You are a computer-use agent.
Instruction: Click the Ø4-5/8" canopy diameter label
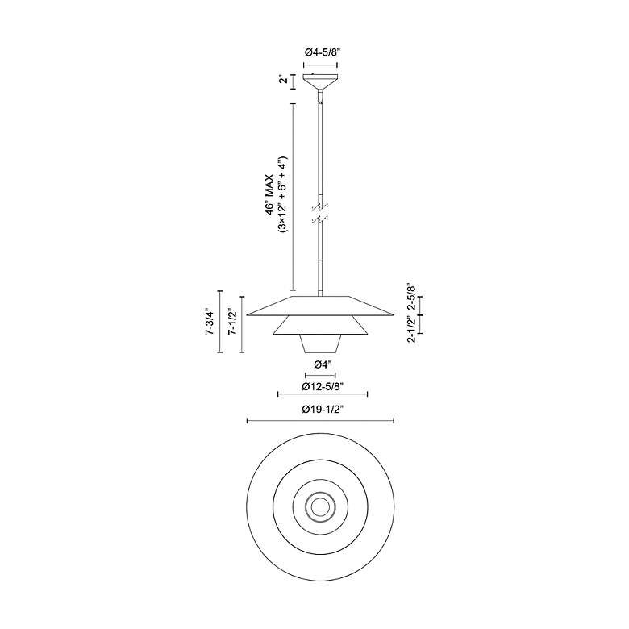tap(320, 52)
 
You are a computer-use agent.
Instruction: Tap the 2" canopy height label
tap(284, 80)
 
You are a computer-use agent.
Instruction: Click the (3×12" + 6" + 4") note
tap(283, 194)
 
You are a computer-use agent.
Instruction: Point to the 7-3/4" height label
tap(209, 321)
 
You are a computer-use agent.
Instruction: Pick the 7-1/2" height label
tap(231, 322)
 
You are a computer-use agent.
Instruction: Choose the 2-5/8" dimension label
tap(411, 298)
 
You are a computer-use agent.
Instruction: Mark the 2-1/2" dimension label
tap(411, 329)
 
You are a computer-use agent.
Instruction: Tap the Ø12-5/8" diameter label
tap(323, 386)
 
